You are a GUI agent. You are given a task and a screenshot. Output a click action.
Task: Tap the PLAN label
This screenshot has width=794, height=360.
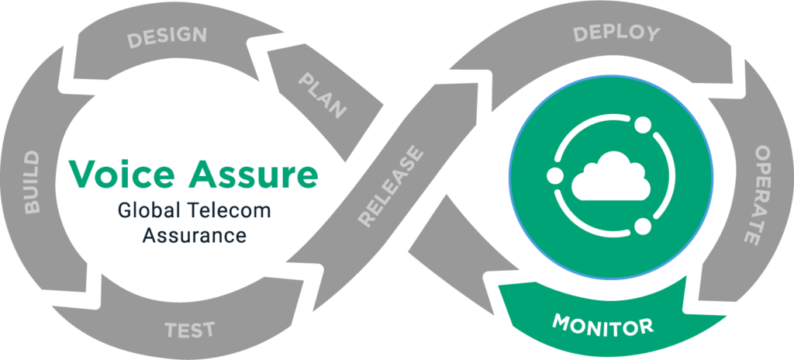tap(322, 96)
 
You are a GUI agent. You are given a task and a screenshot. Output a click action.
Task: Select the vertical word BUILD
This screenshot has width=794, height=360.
tap(32, 183)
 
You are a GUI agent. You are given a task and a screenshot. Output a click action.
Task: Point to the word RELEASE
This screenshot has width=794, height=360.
tap(392, 187)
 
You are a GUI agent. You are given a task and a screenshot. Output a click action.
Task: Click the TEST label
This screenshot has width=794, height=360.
tap(190, 329)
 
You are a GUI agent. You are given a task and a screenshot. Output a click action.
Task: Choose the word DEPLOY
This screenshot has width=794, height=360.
tap(616, 33)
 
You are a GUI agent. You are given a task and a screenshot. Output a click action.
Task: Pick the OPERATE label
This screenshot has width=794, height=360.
tap(761, 195)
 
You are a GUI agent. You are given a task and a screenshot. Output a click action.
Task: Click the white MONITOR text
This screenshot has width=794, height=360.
tap(602, 324)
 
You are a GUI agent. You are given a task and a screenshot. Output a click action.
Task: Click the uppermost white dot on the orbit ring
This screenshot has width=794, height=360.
tap(641, 124)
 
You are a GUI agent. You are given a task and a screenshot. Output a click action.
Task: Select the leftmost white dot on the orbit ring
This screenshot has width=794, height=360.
tap(554, 174)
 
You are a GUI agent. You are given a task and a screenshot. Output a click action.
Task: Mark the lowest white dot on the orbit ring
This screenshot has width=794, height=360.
tap(642, 227)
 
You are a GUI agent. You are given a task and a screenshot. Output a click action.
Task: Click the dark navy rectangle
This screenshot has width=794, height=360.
tap(219, 224)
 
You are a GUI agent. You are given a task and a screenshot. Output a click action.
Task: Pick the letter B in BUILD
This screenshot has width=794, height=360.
tap(32, 208)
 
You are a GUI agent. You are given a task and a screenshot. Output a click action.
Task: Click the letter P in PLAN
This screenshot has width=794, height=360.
tap(305, 82)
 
